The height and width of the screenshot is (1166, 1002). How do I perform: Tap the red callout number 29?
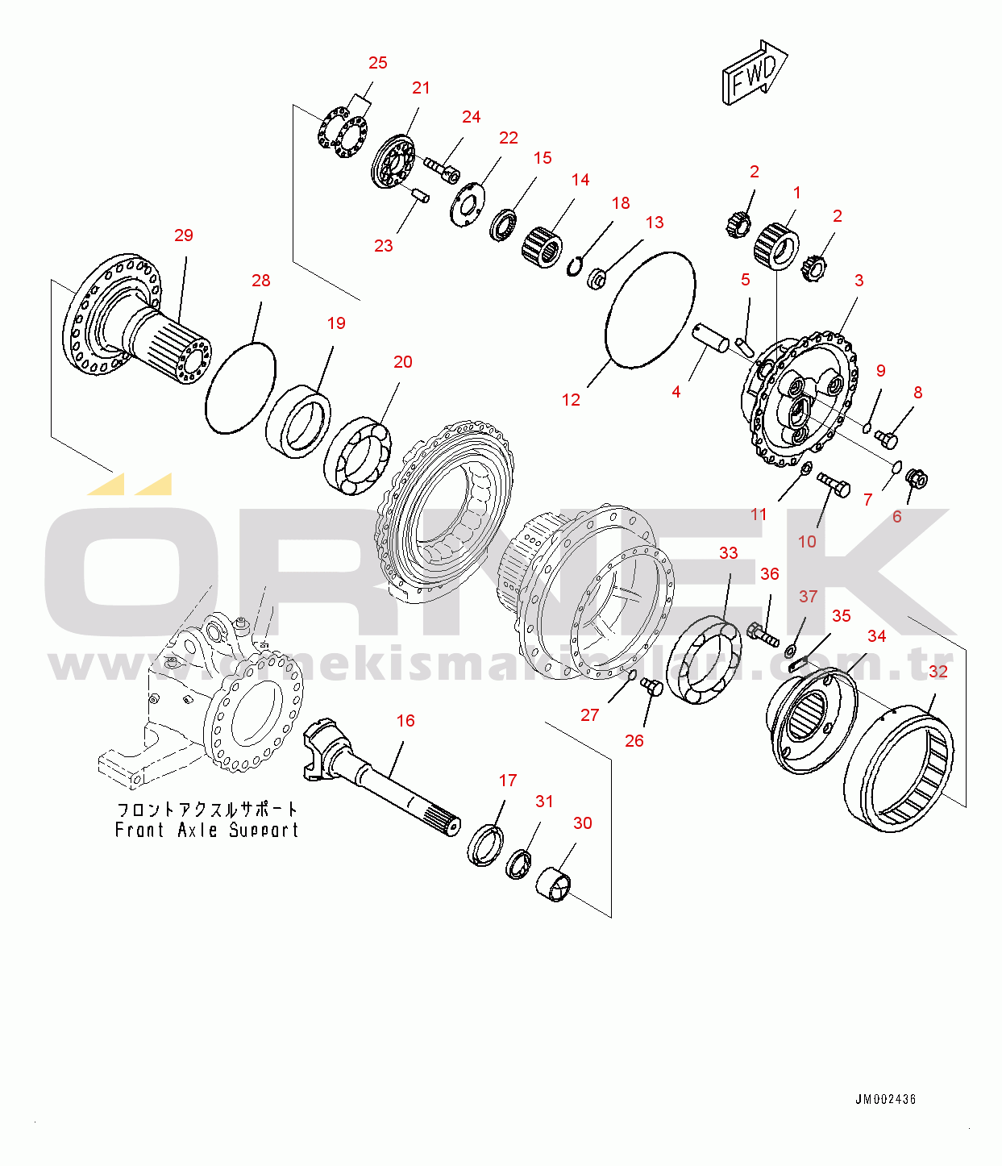pos(184,235)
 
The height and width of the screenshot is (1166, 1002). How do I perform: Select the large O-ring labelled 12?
pos(650,310)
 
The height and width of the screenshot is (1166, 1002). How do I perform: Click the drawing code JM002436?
pos(885,1099)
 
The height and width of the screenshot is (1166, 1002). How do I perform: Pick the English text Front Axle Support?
pos(206,830)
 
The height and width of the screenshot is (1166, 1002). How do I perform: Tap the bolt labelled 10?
pos(834,485)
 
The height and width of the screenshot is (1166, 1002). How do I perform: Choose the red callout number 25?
pos(377,63)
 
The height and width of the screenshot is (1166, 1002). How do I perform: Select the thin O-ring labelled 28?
pos(240,388)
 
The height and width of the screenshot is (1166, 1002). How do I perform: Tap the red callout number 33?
pos(728,553)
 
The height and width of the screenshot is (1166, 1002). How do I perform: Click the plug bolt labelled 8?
pos(886,439)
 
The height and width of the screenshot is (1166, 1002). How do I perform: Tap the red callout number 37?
pos(808,597)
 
